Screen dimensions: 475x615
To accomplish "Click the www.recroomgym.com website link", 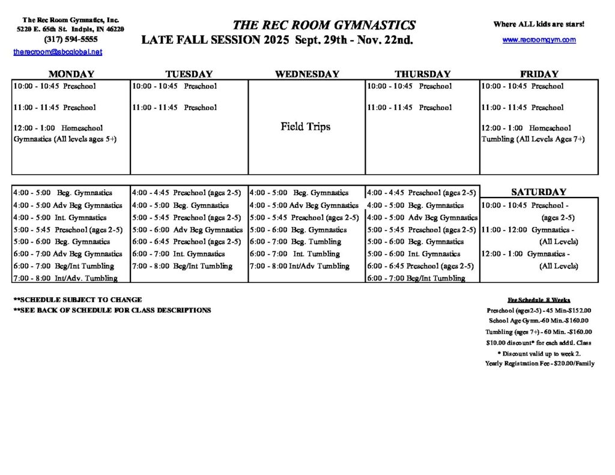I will point(539,40).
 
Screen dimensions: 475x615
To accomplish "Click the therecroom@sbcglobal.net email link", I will point(58,52).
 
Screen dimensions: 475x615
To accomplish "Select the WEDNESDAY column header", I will point(307,74).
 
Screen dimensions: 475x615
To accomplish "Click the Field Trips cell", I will point(306,127).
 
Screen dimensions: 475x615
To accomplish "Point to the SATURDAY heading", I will point(539,192).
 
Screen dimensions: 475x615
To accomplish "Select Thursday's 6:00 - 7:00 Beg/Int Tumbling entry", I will point(416,278).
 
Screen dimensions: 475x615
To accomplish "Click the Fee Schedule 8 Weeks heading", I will point(539,300).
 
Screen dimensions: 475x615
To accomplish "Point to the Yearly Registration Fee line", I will point(539,363).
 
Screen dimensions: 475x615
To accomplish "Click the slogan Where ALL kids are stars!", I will point(539,25).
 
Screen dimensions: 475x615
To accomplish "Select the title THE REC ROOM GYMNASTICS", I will point(324,25).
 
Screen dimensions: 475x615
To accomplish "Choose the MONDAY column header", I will point(71,74).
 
